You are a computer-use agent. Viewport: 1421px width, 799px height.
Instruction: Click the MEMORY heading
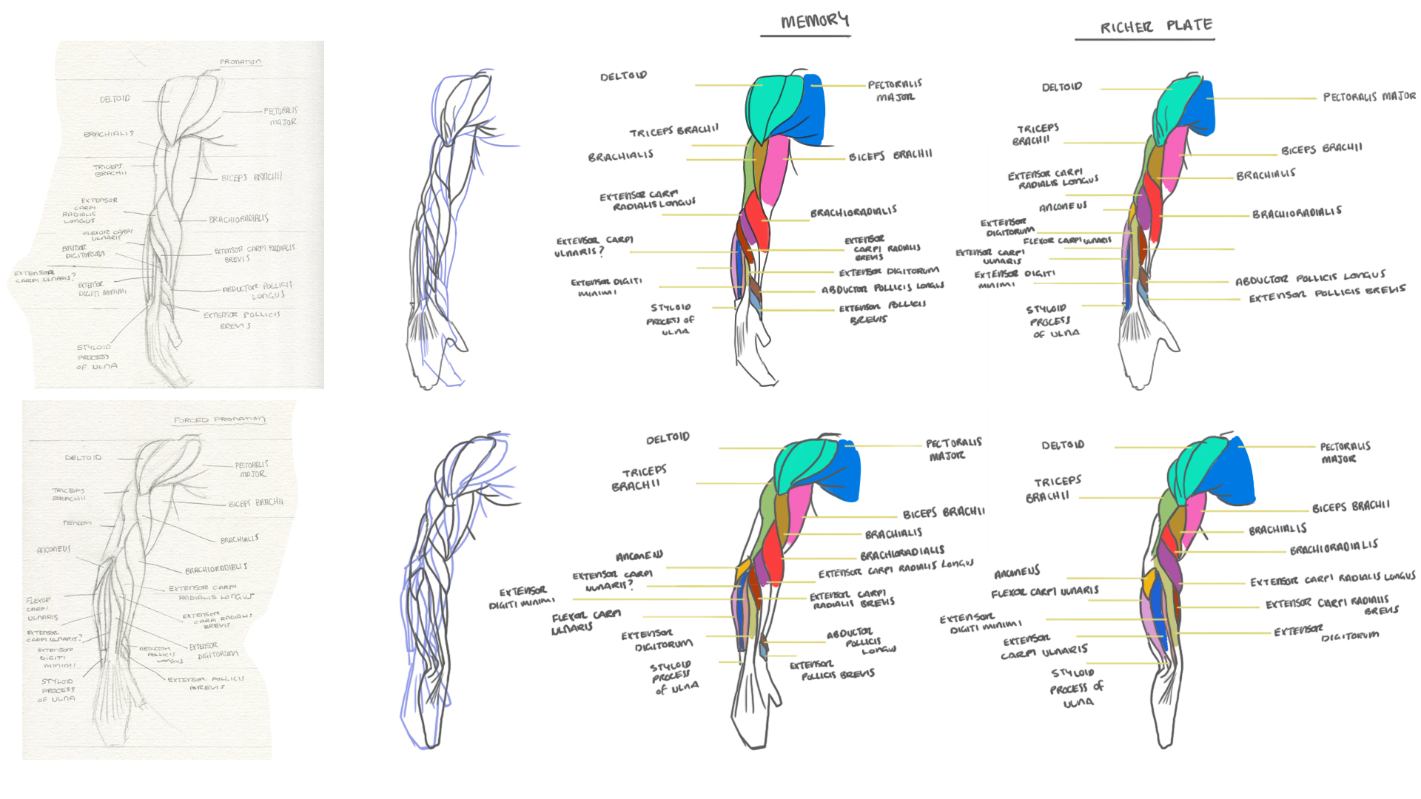pyautogui.click(x=815, y=21)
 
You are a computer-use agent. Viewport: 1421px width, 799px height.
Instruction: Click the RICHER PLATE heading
pyautogui.click(x=1156, y=27)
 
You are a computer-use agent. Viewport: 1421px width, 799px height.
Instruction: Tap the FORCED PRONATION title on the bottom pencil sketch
pyautogui.click(x=219, y=419)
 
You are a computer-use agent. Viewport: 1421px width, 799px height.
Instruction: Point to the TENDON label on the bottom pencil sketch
pyautogui.click(x=77, y=523)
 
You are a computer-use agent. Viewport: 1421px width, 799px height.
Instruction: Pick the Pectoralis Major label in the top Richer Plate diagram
pyautogui.click(x=1368, y=96)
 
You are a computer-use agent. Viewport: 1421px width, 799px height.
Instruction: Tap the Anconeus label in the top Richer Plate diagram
pyautogui.click(x=1063, y=206)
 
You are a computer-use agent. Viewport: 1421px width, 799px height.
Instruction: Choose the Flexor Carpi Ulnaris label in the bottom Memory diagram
pyautogui.click(x=585, y=621)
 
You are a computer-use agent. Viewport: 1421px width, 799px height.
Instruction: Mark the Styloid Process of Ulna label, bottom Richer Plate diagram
pyautogui.click(x=1077, y=687)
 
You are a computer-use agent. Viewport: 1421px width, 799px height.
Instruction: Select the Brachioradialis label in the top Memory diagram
pyautogui.click(x=853, y=212)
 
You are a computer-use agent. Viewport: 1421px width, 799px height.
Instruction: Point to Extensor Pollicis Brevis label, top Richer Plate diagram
pyautogui.click(x=1326, y=294)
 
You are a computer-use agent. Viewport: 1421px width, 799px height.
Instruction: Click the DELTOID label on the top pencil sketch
pyautogui.click(x=115, y=98)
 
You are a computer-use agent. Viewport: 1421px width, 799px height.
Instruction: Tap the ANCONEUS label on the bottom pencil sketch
pyautogui.click(x=54, y=550)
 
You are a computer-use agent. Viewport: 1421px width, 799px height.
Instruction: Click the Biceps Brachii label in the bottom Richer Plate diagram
pyautogui.click(x=1351, y=507)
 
